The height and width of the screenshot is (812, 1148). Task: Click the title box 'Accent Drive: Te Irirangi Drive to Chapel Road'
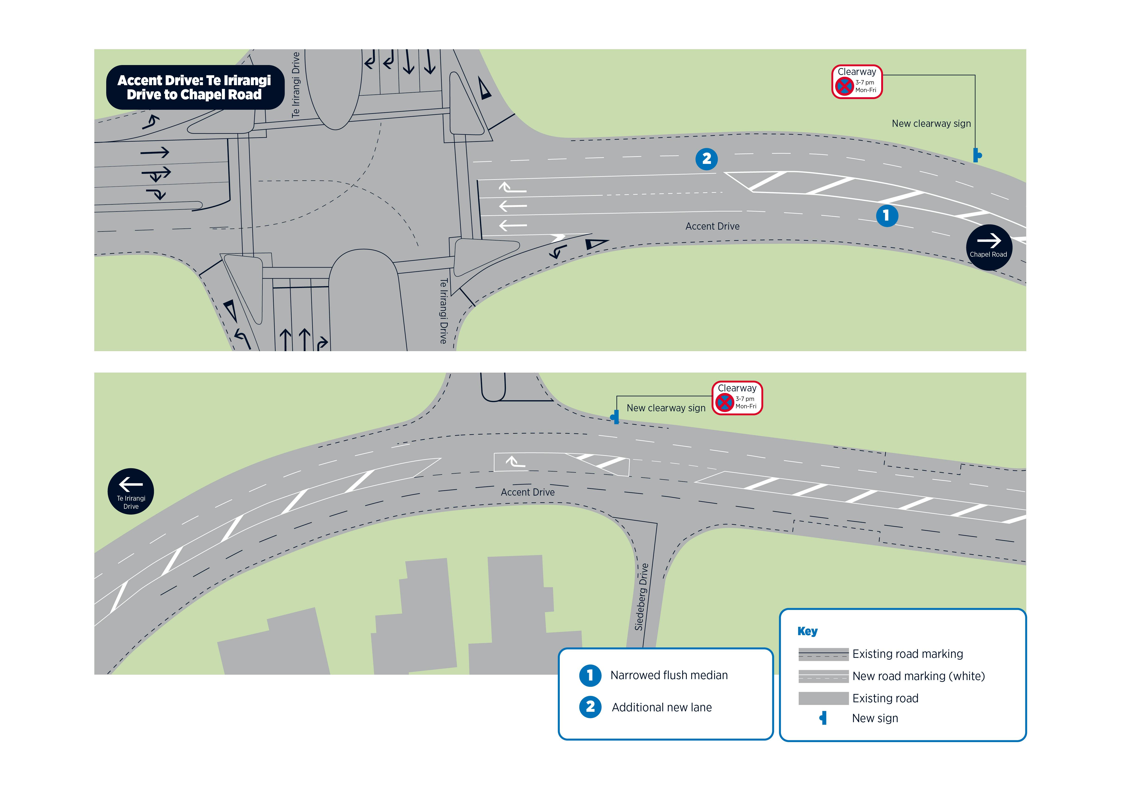tap(195, 87)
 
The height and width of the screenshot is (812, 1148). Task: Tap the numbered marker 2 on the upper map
tap(706, 159)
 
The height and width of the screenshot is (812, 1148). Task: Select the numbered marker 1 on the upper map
tap(887, 215)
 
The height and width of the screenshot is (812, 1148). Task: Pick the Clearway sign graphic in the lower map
tap(737, 398)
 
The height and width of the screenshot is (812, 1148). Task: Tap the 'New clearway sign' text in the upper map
tap(931, 124)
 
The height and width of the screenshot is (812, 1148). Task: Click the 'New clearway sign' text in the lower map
tap(666, 408)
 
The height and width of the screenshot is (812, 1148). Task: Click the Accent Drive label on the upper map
tap(712, 227)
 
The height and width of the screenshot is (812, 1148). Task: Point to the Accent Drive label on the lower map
tap(528, 493)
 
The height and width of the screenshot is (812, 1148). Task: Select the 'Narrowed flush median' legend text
tap(669, 675)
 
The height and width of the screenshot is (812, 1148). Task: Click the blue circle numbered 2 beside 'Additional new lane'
tap(590, 707)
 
